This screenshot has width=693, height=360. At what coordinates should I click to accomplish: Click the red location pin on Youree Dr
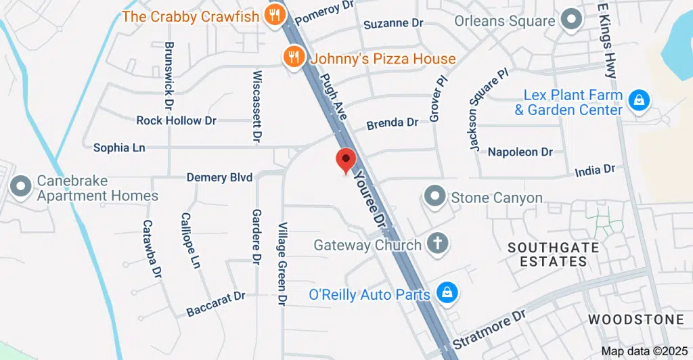346,160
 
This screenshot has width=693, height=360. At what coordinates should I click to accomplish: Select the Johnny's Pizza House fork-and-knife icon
294,58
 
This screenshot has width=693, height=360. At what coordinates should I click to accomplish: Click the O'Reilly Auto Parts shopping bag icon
447,294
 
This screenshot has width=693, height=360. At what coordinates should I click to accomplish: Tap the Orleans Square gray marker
573,20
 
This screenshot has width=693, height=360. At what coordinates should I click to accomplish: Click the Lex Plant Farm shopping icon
638,101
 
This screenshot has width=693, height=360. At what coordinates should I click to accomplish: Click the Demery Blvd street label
220,177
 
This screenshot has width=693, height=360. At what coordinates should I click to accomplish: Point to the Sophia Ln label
119,147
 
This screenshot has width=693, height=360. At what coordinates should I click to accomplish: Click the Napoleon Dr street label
520,152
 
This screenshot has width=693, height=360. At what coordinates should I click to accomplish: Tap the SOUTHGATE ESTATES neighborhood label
554,254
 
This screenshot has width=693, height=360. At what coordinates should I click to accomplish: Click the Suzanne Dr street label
393,23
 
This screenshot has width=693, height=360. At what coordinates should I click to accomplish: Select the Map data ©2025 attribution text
643,351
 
